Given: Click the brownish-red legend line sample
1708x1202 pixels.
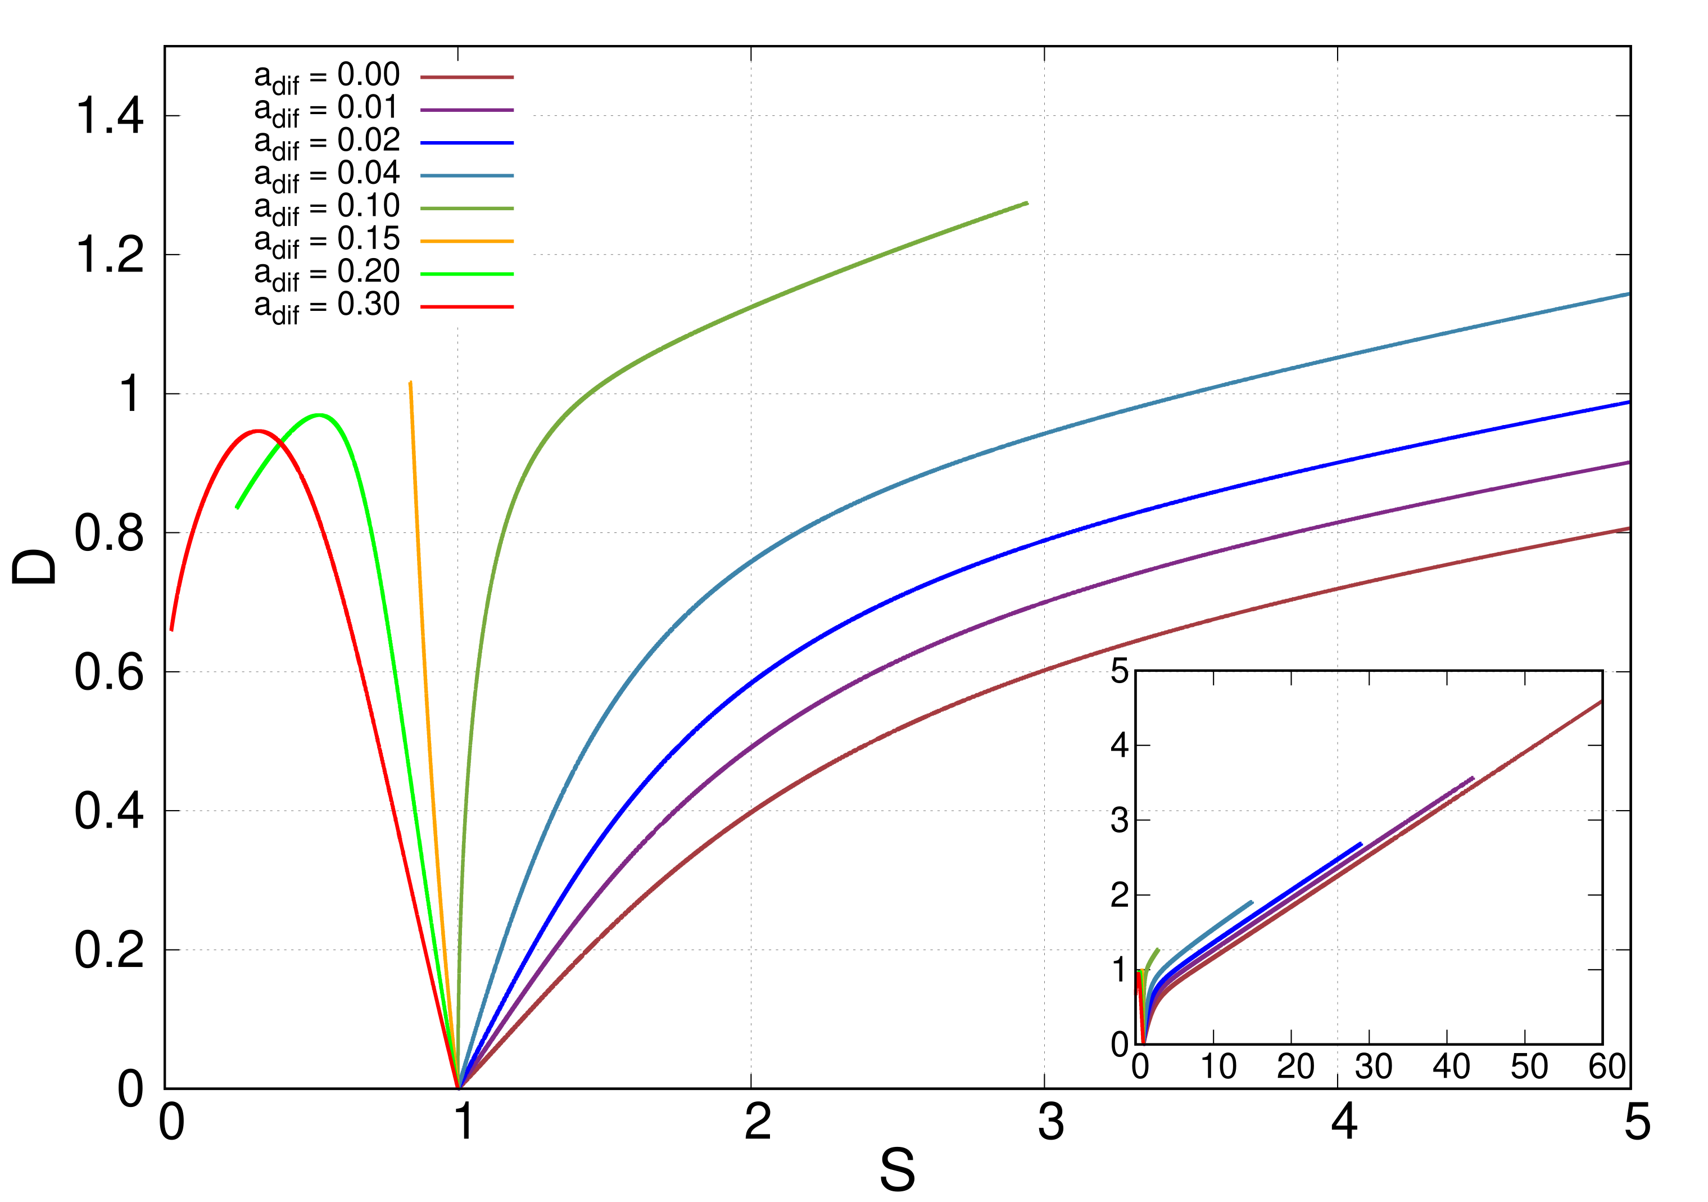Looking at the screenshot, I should point(466,78).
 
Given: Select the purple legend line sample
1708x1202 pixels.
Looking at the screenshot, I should point(466,110).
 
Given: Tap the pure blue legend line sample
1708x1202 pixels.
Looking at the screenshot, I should point(466,143).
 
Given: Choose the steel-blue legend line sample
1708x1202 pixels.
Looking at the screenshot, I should point(466,175).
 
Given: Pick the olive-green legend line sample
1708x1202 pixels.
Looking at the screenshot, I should point(466,209).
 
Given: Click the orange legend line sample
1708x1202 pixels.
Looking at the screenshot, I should point(466,241).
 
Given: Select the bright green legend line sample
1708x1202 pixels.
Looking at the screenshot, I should point(466,274).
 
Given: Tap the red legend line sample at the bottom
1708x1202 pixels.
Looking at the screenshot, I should point(466,306).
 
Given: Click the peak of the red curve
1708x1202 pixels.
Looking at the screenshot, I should point(257,431).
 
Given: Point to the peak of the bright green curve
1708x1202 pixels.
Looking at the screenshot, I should point(320,415).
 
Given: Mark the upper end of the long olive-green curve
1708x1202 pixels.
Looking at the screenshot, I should point(1027,203).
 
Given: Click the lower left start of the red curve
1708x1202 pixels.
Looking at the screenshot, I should point(172,630).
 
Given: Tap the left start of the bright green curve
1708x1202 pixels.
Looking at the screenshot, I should point(237,508).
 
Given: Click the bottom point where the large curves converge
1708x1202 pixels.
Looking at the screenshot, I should point(459,1087).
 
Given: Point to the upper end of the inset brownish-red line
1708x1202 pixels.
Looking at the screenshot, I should point(1600,701).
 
